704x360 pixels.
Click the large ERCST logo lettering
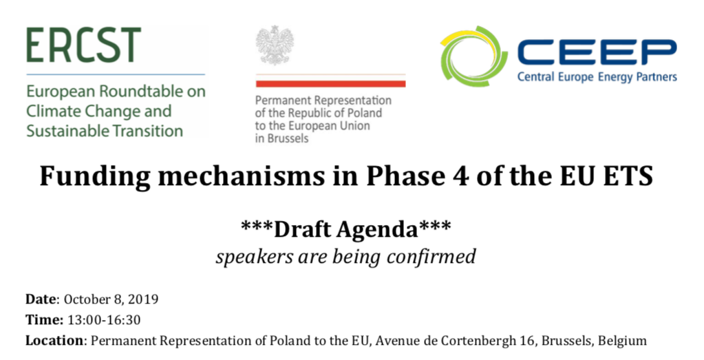[83, 45]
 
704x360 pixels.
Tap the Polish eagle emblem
[275, 45]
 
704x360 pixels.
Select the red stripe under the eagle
[331, 84]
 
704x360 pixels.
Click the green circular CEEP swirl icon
[473, 56]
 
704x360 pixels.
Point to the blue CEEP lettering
[597, 53]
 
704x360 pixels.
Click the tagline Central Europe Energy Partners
[597, 77]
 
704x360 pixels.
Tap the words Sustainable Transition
[105, 131]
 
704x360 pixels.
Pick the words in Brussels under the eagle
[282, 138]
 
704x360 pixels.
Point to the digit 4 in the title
[461, 176]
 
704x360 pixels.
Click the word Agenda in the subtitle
[377, 229]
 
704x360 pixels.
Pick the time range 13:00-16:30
[104, 320]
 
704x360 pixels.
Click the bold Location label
[54, 341]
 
